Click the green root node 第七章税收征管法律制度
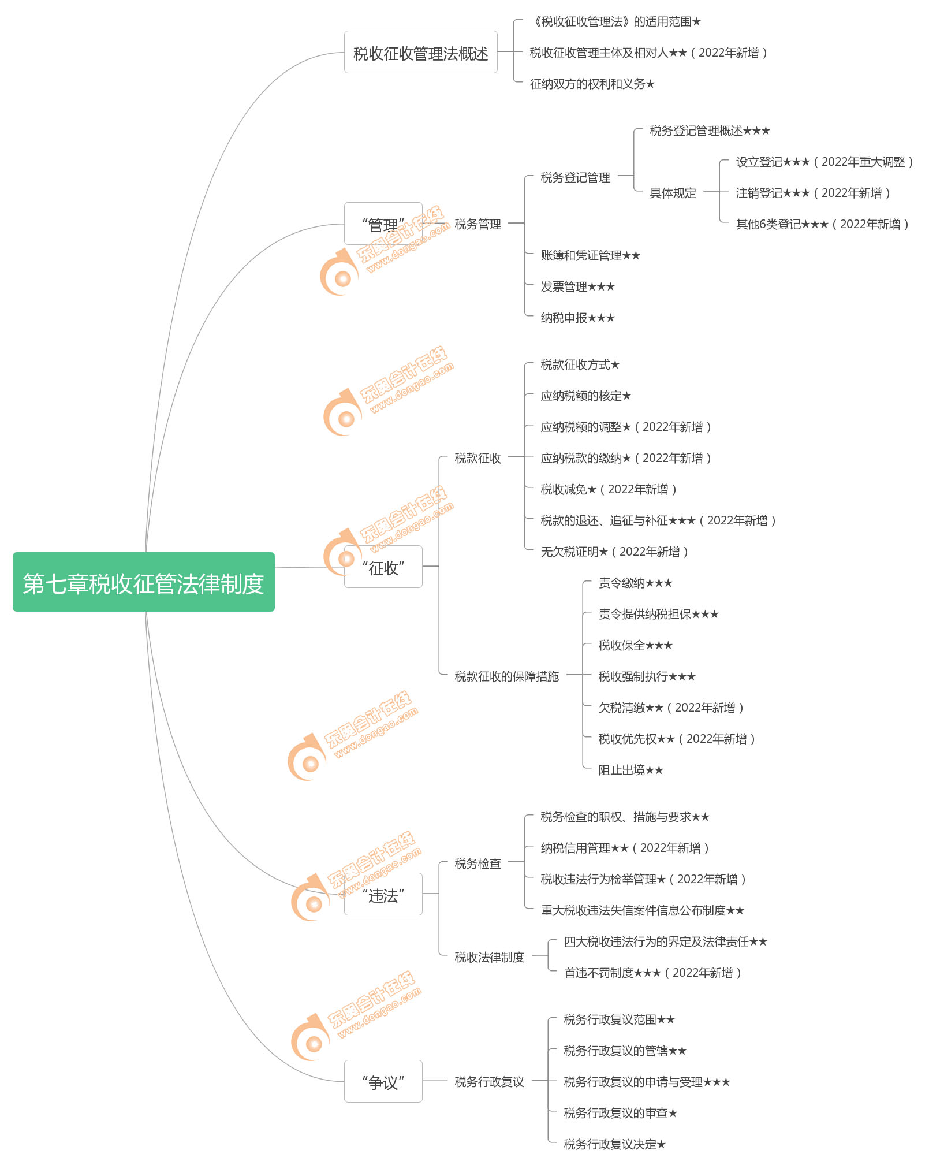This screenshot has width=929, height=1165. (143, 582)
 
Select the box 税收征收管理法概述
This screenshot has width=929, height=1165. (420, 53)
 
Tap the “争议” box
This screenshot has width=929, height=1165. (383, 1081)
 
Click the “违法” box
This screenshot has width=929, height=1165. (383, 895)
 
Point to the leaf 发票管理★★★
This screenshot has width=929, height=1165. (577, 286)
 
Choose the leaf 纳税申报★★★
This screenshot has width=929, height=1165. (577, 318)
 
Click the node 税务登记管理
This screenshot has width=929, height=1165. (575, 177)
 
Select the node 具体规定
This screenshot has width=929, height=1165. (673, 193)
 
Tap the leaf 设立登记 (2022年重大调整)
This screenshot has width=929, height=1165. (824, 162)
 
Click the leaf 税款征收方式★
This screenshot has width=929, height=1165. (580, 364)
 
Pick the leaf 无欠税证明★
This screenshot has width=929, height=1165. (614, 552)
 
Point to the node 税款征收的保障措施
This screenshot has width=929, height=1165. (506, 676)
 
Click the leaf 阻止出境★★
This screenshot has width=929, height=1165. (630, 770)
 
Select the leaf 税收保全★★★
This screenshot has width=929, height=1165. (635, 645)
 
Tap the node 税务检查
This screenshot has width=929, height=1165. (477, 863)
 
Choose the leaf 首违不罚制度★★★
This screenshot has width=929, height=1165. (652, 973)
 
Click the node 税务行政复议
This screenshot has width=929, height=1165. (489, 1082)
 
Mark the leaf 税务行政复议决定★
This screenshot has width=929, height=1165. (614, 1144)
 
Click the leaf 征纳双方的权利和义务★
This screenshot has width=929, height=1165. (592, 84)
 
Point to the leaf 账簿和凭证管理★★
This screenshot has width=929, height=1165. (590, 255)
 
